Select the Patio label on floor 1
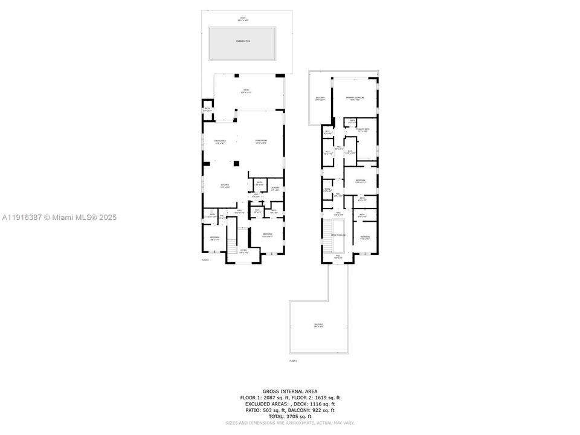click(246, 91)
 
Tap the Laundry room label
click(274, 188)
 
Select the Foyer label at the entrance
click(243, 251)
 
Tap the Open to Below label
click(338, 235)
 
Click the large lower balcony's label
click(318, 326)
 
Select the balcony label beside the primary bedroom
click(320, 100)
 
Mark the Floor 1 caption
click(205, 260)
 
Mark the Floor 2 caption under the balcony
click(293, 361)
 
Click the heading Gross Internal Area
click(289, 391)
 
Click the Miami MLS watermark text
click(59, 217)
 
